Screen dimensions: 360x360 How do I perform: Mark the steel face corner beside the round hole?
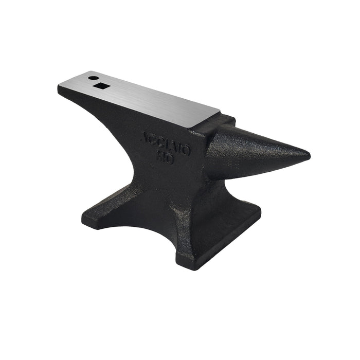click(x=86, y=73)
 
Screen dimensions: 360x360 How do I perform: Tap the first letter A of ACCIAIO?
click(x=146, y=138)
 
